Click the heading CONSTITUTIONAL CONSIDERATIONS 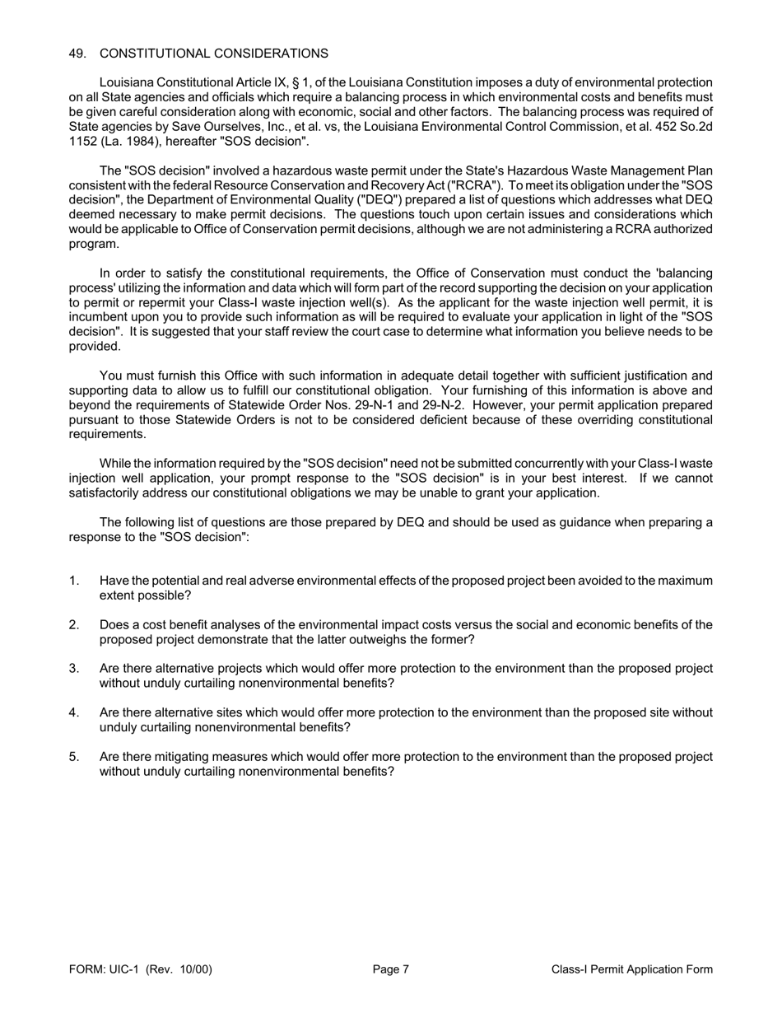coord(213,54)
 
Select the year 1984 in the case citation coord(133,141)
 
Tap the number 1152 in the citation coord(81,141)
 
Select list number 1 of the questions coord(74,581)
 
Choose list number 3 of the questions coord(74,669)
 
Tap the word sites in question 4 coord(212,712)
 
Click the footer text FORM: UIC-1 coord(103,969)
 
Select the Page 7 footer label coord(390,969)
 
